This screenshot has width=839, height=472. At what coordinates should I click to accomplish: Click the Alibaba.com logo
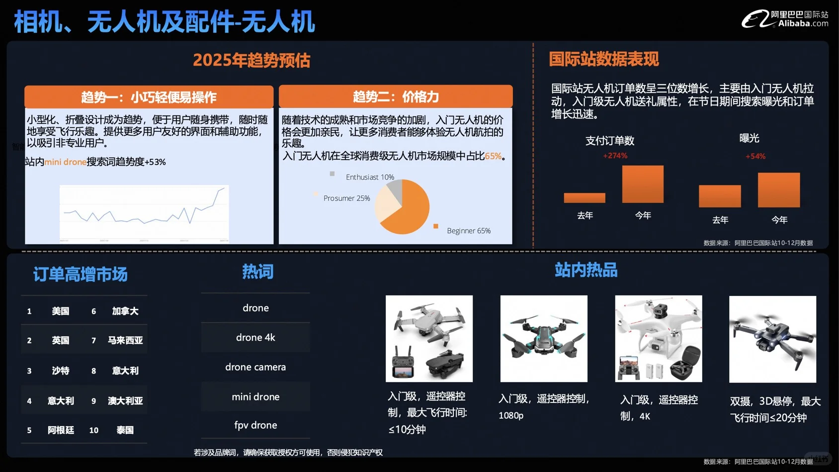click(784, 19)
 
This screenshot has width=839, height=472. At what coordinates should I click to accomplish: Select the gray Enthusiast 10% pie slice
click(395, 189)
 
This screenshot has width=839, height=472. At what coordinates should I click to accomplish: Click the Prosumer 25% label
click(346, 198)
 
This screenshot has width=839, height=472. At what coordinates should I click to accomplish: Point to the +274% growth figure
click(615, 156)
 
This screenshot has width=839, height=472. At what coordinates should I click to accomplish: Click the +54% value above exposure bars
click(755, 156)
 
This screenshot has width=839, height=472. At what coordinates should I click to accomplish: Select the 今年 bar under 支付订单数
click(643, 184)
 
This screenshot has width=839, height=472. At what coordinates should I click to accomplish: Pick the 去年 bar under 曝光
click(720, 196)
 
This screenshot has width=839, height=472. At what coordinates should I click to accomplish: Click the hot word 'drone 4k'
click(255, 337)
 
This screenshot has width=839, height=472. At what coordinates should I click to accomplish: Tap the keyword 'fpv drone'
click(255, 425)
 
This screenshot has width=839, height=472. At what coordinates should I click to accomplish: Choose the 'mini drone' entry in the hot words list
click(255, 397)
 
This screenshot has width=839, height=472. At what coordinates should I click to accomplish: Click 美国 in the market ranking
click(61, 311)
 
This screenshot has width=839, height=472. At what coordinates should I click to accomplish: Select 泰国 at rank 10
click(125, 430)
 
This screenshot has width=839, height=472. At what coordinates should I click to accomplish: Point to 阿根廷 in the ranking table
click(61, 430)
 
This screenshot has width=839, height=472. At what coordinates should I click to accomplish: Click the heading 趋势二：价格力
click(396, 96)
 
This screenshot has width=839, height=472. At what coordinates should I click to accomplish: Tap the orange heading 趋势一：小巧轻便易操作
click(149, 97)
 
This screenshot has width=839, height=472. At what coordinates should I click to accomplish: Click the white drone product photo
click(658, 339)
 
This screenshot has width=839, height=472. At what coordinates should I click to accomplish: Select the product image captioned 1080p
click(544, 339)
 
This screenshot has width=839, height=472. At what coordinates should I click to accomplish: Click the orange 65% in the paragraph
click(493, 156)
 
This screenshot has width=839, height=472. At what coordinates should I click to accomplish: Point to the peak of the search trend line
click(223, 188)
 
